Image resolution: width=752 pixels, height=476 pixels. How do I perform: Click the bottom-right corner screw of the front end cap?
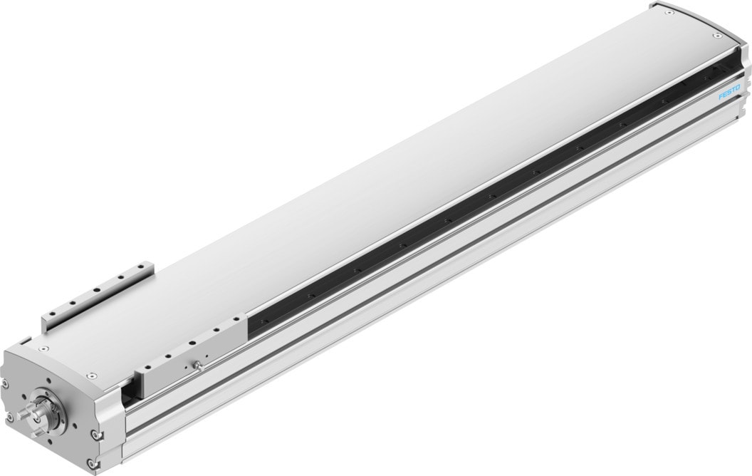coord(90,463)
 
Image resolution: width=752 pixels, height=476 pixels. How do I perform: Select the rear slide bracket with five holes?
coord(98,296)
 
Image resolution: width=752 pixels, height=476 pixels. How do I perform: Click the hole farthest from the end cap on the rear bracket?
coord(142,265)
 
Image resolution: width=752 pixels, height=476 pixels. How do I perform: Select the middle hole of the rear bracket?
coord(98,290)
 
